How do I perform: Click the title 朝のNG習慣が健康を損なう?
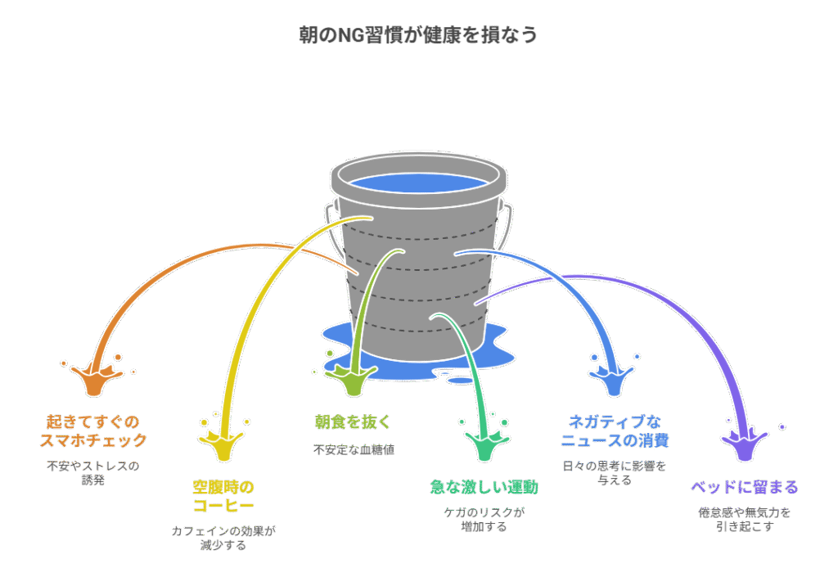coord(418,35)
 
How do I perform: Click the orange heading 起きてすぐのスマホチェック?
coord(93,431)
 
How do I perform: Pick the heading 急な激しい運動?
coord(484,487)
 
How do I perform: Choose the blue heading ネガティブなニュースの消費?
coord(615,431)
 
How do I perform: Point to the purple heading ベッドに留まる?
coord(745,487)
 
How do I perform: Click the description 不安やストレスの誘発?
coord(93,472)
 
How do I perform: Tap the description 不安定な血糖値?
coord(354,449)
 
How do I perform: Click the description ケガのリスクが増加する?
coord(484,520)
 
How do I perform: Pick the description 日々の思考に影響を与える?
coord(615,472)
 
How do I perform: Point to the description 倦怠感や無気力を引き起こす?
coord(745,520)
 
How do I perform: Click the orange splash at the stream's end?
coord(95,379)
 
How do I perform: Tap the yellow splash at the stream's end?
coord(224,443)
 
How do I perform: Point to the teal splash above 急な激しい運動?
coord(484,443)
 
